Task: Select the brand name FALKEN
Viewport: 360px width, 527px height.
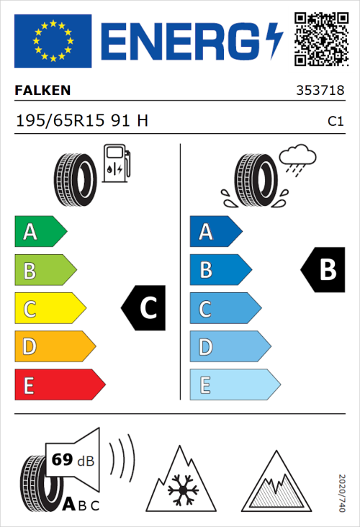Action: tap(42, 91)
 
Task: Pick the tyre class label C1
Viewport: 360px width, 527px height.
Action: tap(335, 122)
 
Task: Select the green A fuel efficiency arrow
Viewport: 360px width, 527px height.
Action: tap(40, 232)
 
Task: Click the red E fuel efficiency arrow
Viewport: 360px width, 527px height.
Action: tap(59, 385)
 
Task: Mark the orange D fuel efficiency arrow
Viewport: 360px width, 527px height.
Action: tap(54, 347)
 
